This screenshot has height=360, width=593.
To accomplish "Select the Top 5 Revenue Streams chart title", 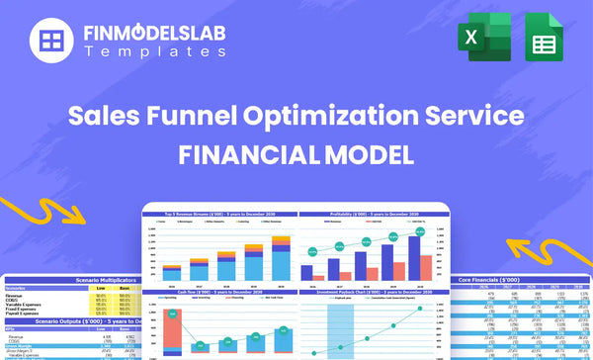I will [x=217, y=214].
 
